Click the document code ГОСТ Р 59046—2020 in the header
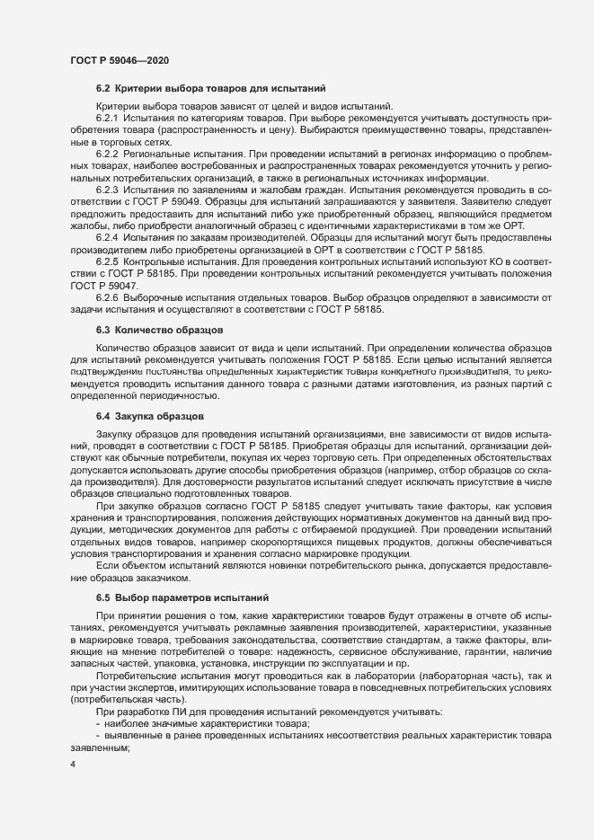tap(119, 59)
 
